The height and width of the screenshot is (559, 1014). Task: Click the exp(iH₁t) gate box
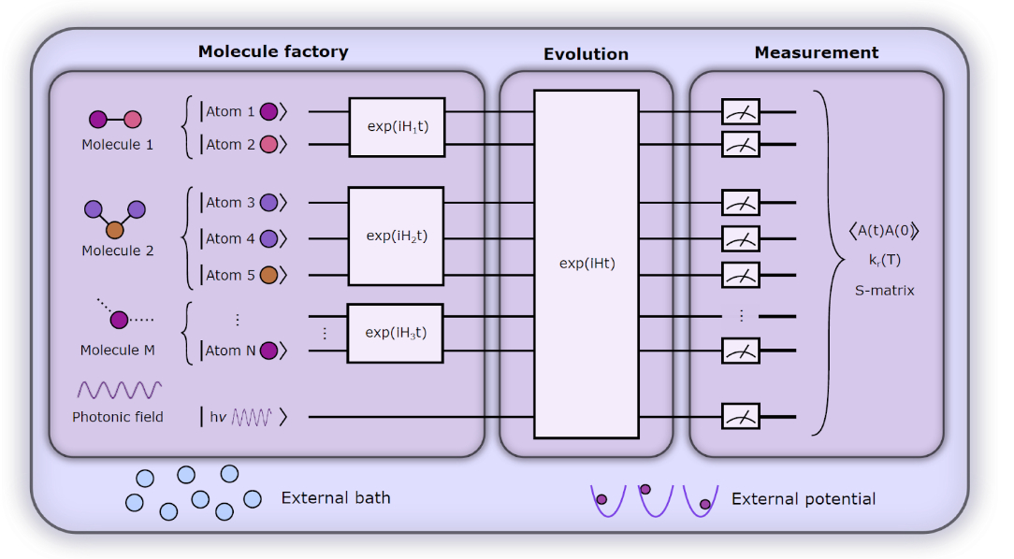tap(397, 126)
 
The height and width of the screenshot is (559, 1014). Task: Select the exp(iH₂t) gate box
tap(396, 236)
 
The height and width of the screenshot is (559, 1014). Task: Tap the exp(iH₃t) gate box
tap(396, 333)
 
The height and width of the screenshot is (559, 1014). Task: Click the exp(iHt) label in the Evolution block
tap(587, 264)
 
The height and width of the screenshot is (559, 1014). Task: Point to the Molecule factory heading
tap(273, 52)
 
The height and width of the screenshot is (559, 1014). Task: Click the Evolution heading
tap(586, 55)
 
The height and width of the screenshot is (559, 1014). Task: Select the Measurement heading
tap(816, 53)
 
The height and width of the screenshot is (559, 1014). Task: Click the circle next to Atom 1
tap(268, 112)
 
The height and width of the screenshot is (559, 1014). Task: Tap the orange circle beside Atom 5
tap(268, 275)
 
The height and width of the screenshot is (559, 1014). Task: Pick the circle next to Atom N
tap(268, 351)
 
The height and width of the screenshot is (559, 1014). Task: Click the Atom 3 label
tap(230, 203)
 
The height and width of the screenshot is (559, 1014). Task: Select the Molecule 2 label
tap(117, 251)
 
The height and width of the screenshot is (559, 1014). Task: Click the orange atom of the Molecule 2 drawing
tap(115, 229)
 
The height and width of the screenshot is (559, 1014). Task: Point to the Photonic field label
tap(117, 417)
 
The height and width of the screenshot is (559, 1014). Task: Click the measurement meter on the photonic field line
tap(740, 416)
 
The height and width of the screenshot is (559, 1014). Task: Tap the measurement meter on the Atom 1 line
tap(740, 112)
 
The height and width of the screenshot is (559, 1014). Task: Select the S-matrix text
tap(884, 291)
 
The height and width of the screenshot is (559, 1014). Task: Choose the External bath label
tap(336, 498)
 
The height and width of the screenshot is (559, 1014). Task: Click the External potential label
tap(804, 499)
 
